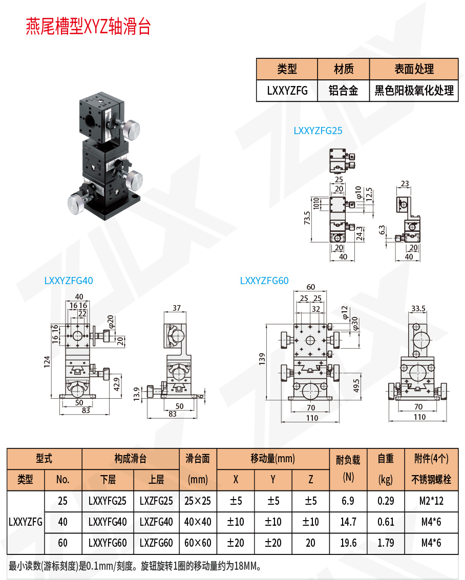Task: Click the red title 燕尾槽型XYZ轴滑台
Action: (x=88, y=27)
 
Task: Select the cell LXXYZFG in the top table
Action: (x=287, y=91)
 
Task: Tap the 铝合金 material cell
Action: (x=343, y=91)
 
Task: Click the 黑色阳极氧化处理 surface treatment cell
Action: (x=414, y=91)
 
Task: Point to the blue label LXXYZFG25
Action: (x=318, y=131)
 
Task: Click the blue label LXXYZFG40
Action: (x=69, y=281)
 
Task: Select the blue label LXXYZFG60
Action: (x=264, y=281)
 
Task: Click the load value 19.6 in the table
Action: (x=348, y=542)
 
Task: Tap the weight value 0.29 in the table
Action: (x=386, y=501)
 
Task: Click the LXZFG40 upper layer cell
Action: (x=156, y=522)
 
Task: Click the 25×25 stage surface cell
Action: (x=197, y=501)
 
